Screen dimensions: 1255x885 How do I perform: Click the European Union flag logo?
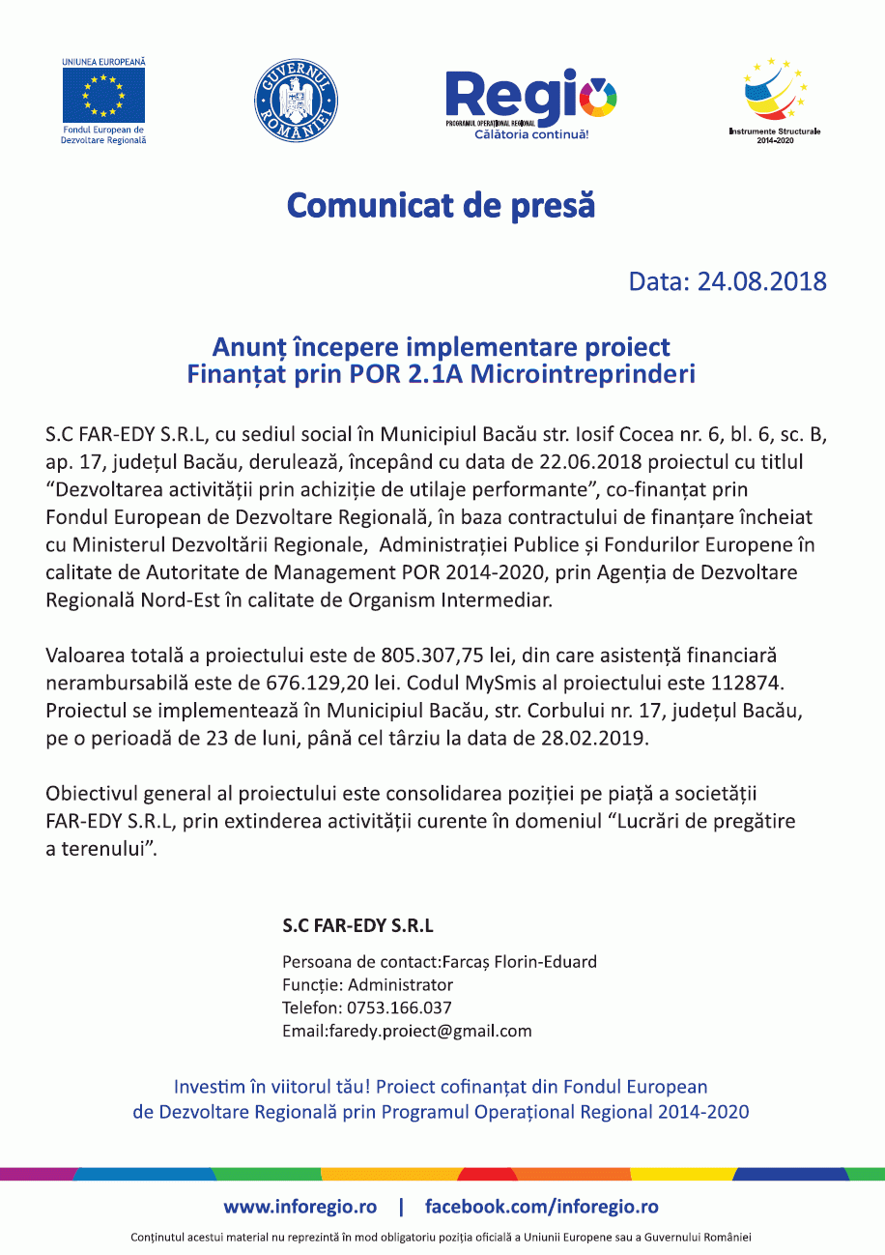(x=103, y=96)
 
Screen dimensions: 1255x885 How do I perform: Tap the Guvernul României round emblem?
(x=296, y=99)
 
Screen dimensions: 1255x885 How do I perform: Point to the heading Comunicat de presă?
(x=442, y=205)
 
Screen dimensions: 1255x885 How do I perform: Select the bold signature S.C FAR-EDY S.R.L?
(x=357, y=925)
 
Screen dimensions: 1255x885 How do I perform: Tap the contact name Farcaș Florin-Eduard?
(x=523, y=962)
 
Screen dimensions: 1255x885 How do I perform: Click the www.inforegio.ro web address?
(x=300, y=1207)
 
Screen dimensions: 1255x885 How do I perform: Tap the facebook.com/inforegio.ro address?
(x=542, y=1207)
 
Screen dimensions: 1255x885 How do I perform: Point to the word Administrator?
(x=400, y=985)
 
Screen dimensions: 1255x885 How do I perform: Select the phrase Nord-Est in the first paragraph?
(x=177, y=599)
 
